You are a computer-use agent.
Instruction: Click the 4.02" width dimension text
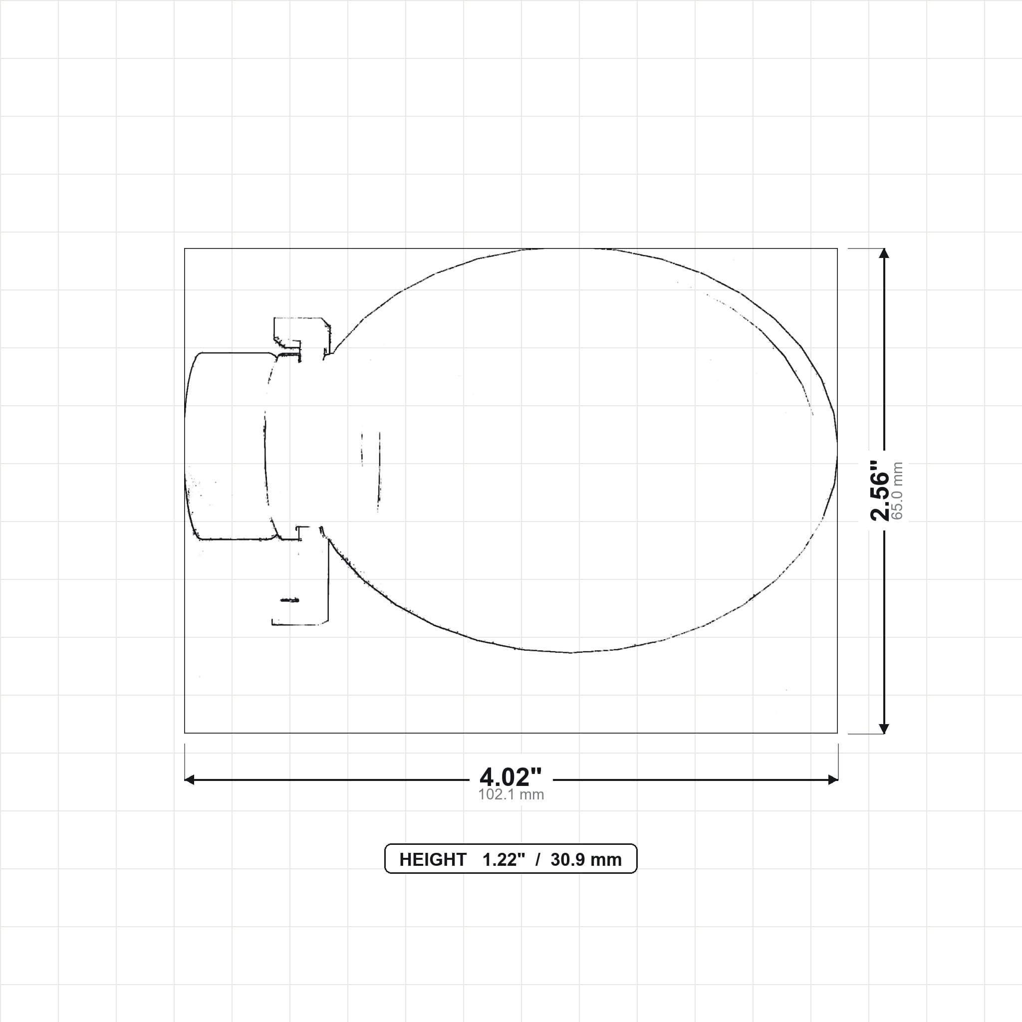click(x=511, y=777)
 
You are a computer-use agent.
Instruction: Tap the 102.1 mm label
click(x=511, y=794)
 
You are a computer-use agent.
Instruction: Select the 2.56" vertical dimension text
click(x=880, y=491)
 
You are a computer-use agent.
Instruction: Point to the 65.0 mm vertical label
click(x=897, y=491)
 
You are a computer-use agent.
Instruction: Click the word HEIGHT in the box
click(x=433, y=860)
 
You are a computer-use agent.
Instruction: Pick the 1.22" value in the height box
click(x=504, y=860)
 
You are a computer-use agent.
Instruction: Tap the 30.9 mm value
click(x=586, y=860)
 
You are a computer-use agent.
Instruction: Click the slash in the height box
click(x=537, y=860)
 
